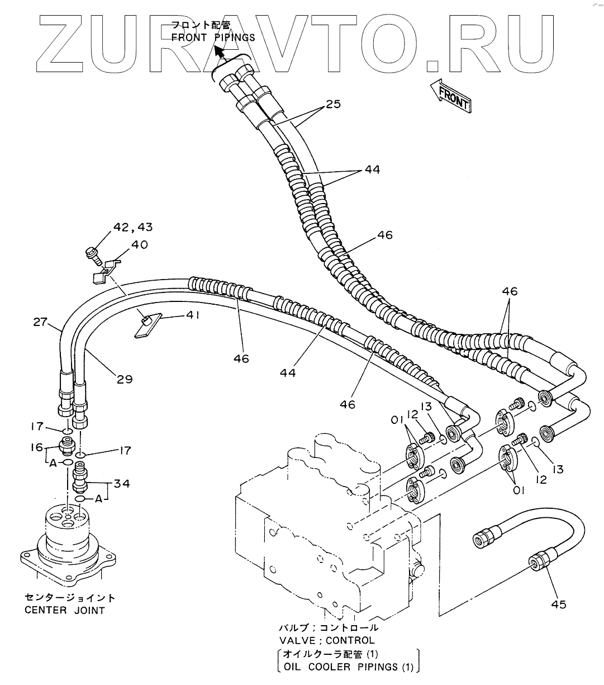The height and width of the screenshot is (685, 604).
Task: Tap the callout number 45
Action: (x=558, y=604)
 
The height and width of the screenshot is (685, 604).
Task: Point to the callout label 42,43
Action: (x=133, y=228)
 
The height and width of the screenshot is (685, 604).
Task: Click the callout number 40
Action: (x=139, y=244)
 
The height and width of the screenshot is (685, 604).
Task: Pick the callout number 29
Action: (x=125, y=379)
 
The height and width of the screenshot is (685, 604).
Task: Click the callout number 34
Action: (x=122, y=482)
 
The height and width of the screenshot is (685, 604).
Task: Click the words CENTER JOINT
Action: (x=65, y=610)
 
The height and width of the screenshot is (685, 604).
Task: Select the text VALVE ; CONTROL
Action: (x=327, y=640)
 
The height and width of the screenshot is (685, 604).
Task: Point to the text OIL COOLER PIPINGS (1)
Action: (x=349, y=667)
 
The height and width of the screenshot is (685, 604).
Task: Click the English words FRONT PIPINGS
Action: (x=213, y=37)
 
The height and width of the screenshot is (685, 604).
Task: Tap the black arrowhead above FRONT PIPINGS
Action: (x=220, y=53)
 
